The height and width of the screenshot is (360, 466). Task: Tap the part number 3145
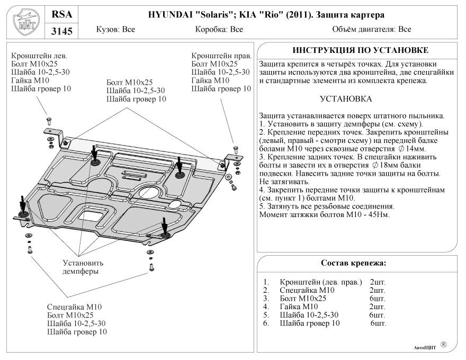(61, 32)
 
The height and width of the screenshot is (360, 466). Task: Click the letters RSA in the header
(61, 14)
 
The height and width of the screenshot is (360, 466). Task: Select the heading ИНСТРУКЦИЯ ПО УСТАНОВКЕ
(360, 50)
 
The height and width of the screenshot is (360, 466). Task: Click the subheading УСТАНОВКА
(346, 99)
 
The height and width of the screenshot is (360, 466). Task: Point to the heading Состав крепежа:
(354, 263)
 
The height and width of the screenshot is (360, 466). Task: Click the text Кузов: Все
(115, 30)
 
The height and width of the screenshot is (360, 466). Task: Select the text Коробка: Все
(219, 30)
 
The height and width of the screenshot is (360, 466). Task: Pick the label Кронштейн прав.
(221, 56)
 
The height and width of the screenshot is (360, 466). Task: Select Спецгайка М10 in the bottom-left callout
(74, 307)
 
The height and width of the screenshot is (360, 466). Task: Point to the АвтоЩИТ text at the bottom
(424, 347)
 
